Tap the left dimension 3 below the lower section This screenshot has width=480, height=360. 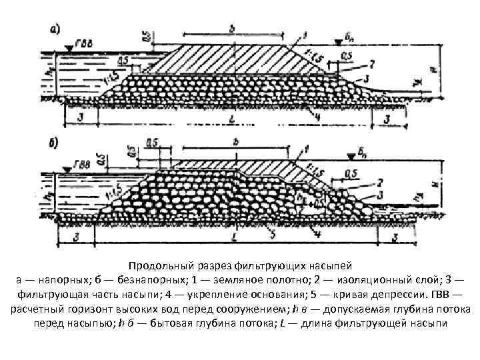click(79, 237)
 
